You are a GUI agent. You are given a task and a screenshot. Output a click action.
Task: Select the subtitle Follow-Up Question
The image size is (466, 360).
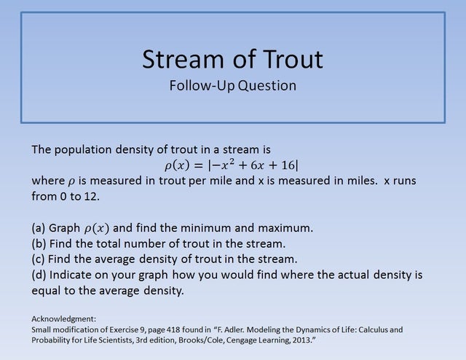click(x=232, y=85)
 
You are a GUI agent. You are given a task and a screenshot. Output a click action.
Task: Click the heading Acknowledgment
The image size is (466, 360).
click(x=64, y=319)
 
